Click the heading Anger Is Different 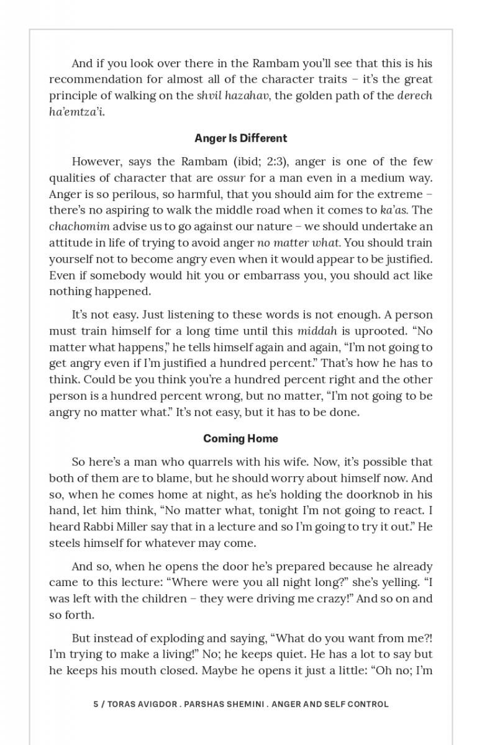coord(240,138)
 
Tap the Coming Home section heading coord(240,438)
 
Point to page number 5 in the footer coord(96,704)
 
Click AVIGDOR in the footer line coord(153,704)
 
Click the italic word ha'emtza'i coord(76,112)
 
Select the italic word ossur coord(231,178)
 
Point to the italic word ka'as coord(393,210)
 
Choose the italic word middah coord(317,331)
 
